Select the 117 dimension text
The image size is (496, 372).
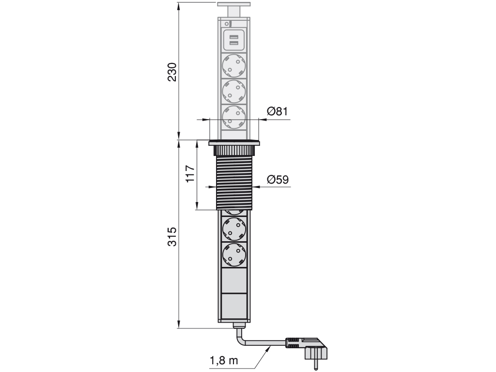(190, 173)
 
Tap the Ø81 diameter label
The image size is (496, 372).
(278, 111)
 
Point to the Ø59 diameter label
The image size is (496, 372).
(278, 180)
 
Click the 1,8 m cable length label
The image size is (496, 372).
(224, 361)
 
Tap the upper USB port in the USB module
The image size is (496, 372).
(234, 37)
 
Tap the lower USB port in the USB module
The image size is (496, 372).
(234, 45)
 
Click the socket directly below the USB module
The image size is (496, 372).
(234, 64)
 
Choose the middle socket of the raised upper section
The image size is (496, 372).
(234, 91)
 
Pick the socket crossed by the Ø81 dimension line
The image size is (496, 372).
(234, 117)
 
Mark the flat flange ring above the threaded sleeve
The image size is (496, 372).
(234, 143)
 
